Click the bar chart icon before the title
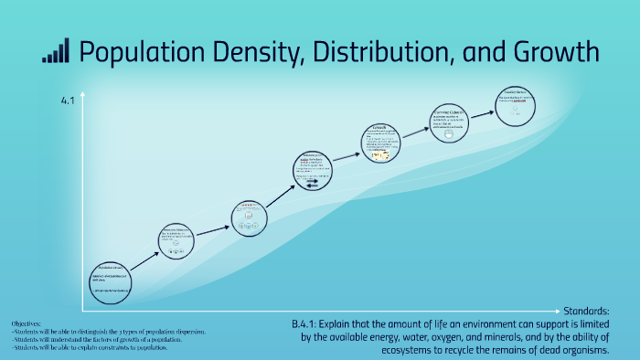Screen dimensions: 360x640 (55, 52)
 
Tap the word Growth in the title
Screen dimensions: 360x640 (558, 52)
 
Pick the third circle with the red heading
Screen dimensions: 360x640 (249, 217)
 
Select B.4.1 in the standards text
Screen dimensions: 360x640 (306, 325)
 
